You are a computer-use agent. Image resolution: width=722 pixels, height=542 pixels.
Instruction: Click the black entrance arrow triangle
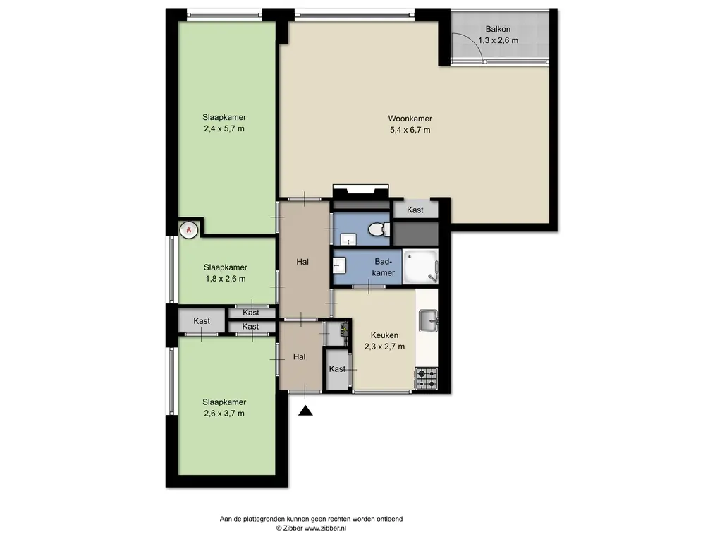click(x=305, y=411)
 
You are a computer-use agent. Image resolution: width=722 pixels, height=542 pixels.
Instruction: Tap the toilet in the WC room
click(x=379, y=228)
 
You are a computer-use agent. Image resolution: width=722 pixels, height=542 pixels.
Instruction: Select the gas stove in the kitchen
click(x=427, y=378)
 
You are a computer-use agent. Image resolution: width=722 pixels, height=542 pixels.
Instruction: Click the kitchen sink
click(x=428, y=321)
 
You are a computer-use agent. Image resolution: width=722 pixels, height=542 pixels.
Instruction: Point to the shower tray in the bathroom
click(x=420, y=267)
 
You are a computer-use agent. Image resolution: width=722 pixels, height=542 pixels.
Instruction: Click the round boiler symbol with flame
click(x=189, y=229)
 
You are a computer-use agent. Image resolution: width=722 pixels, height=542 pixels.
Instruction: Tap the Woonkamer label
click(x=410, y=119)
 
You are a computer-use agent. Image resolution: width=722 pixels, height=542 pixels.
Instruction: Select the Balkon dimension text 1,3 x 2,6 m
click(x=498, y=40)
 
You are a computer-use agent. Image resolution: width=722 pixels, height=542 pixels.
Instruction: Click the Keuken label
click(x=384, y=335)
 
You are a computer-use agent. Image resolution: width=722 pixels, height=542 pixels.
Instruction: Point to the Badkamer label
click(x=383, y=267)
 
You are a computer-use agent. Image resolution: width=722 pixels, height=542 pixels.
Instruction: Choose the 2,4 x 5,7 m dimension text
click(x=224, y=128)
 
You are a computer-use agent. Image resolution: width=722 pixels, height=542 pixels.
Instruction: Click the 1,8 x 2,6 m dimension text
click(x=225, y=279)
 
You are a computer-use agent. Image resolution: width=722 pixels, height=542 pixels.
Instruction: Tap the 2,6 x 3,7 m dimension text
click(x=224, y=414)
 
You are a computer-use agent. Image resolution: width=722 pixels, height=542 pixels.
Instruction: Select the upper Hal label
click(x=302, y=262)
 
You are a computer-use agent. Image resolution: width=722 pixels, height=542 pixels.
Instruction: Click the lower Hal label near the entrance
click(x=299, y=356)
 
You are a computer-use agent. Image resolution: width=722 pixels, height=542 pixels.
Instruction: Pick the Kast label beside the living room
click(x=415, y=210)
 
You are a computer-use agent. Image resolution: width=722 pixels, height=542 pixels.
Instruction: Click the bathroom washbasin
click(x=339, y=265)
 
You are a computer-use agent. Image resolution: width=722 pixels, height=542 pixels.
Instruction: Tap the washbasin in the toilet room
click(x=348, y=240)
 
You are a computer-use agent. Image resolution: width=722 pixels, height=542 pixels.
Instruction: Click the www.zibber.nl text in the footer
click(x=325, y=528)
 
